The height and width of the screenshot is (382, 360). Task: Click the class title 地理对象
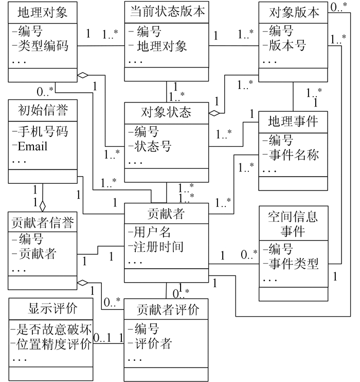pyautogui.click(x=43, y=11)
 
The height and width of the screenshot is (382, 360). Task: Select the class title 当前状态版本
pyautogui.click(x=167, y=11)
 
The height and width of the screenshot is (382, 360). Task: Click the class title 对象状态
pyautogui.click(x=167, y=112)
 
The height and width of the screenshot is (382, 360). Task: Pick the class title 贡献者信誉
pyautogui.click(x=43, y=222)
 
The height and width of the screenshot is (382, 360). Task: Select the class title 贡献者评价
pyautogui.click(x=167, y=310)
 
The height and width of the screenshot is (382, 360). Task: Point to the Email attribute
pyautogui.click(x=32, y=146)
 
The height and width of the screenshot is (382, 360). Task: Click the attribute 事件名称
pyautogui.click(x=293, y=154)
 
